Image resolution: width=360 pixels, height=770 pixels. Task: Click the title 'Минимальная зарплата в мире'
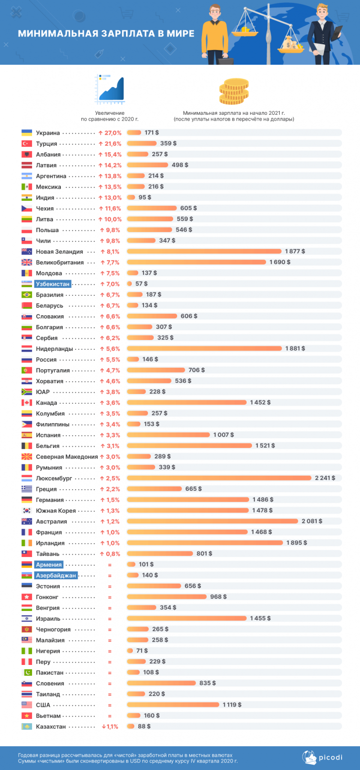tap(106, 34)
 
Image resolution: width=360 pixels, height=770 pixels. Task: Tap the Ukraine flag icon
tap(27, 133)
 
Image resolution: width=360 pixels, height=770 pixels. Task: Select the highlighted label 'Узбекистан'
tap(53, 284)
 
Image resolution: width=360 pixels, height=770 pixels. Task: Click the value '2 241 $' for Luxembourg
tap(324, 478)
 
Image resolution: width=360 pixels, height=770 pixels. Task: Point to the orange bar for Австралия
tap(213, 521)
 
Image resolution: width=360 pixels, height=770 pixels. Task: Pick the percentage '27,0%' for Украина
tap(112, 133)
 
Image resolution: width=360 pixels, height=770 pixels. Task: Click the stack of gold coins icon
tap(234, 91)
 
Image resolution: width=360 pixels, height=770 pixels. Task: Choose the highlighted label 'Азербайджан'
tap(56, 575)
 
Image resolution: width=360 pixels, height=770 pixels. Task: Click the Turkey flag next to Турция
tap(27, 143)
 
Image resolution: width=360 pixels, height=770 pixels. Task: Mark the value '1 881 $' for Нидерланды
tap(295, 349)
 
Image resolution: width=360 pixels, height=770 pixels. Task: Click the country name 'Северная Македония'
tap(67, 457)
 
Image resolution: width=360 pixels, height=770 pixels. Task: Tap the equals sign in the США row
tap(110, 705)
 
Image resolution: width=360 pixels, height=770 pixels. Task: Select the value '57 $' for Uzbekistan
tap(141, 284)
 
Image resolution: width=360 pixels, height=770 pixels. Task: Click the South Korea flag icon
tap(27, 511)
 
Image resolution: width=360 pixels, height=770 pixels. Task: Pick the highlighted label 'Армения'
tap(49, 565)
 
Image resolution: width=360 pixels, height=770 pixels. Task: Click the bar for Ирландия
tap(205, 543)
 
